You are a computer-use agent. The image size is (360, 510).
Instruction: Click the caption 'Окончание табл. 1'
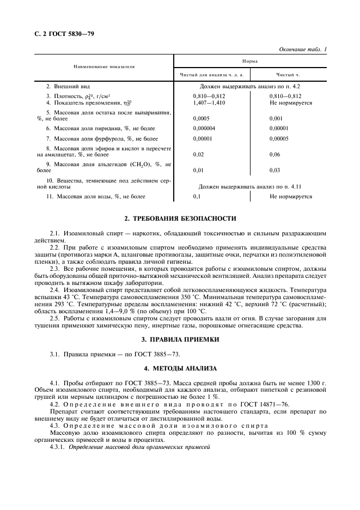point(303,50)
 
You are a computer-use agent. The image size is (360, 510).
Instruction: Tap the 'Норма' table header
point(250,62)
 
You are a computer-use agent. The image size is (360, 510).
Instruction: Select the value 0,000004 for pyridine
point(204,128)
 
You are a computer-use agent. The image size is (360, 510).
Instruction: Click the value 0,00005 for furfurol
point(279,139)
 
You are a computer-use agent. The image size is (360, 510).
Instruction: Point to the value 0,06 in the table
point(274,155)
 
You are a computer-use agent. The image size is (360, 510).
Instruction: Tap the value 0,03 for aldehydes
point(274,170)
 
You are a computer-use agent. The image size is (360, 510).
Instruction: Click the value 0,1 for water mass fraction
point(197,196)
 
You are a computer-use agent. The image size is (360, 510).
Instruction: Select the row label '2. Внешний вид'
point(68,87)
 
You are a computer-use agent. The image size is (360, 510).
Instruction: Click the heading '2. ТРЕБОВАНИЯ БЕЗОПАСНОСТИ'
point(180,219)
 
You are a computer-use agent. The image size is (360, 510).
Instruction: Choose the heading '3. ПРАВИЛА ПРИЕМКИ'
point(180,339)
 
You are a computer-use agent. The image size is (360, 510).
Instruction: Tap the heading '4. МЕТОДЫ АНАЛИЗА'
point(180,369)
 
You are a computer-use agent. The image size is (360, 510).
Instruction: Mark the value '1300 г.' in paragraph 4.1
point(315,384)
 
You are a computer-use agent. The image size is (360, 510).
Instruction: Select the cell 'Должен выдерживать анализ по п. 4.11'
point(249,186)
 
